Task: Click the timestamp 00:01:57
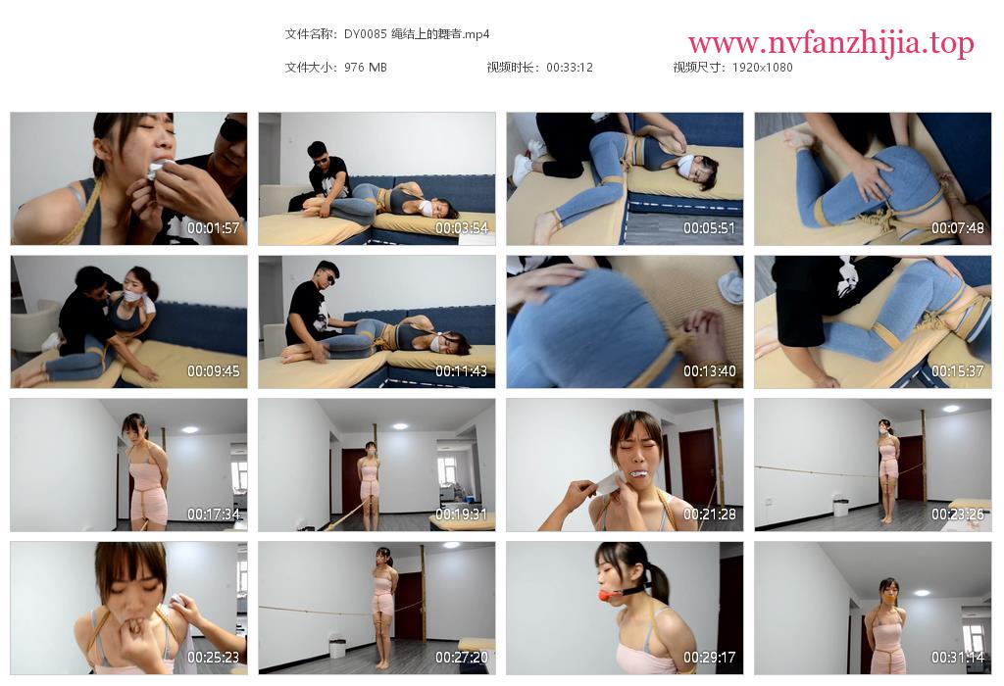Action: (213, 227)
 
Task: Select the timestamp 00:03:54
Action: (462, 227)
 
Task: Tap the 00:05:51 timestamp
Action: (710, 227)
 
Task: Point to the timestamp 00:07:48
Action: (958, 227)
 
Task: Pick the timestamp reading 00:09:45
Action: (213, 371)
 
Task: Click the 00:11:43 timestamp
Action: (462, 371)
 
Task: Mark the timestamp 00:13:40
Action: (710, 371)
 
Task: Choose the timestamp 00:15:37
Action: (958, 371)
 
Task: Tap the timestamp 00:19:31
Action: (462, 514)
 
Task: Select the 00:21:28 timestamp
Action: (710, 514)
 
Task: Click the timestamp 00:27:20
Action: (462, 658)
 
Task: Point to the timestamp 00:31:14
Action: (958, 658)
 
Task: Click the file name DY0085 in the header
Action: (365, 34)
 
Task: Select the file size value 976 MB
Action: (365, 68)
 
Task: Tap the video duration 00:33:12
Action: (570, 68)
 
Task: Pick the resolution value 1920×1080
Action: (762, 68)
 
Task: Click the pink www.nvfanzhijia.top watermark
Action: (831, 43)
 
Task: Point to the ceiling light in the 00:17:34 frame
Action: (189, 429)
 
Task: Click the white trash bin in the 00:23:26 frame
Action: (839, 506)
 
